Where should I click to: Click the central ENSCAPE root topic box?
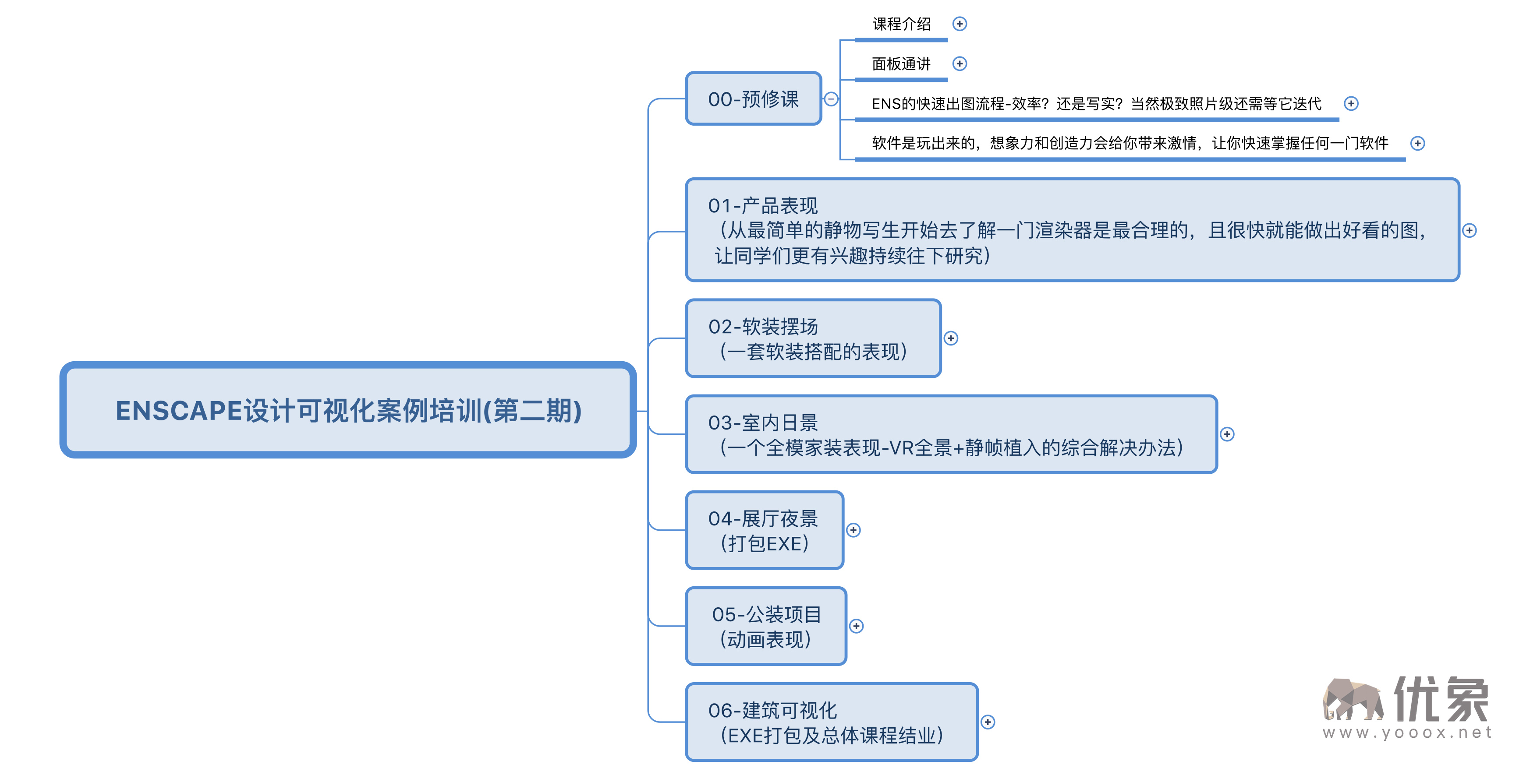(x=348, y=410)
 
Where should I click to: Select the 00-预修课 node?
(x=753, y=99)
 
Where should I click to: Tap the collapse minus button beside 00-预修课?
(x=831, y=99)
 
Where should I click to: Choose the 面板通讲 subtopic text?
(x=901, y=64)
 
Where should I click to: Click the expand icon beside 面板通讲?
(x=960, y=64)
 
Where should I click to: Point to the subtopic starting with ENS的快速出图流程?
(x=1096, y=104)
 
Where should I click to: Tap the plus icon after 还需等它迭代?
(x=1351, y=104)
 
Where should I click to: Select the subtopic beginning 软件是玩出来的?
(x=1130, y=143)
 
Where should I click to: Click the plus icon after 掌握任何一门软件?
(x=1418, y=143)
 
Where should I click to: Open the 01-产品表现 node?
(x=1072, y=230)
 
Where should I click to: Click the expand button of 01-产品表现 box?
(x=1470, y=231)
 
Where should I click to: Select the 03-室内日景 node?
(x=951, y=434)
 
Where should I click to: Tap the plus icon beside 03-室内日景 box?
(x=1227, y=434)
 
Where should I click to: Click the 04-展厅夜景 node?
(x=764, y=530)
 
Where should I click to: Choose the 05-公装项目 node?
(x=766, y=626)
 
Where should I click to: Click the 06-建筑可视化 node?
(x=832, y=722)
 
